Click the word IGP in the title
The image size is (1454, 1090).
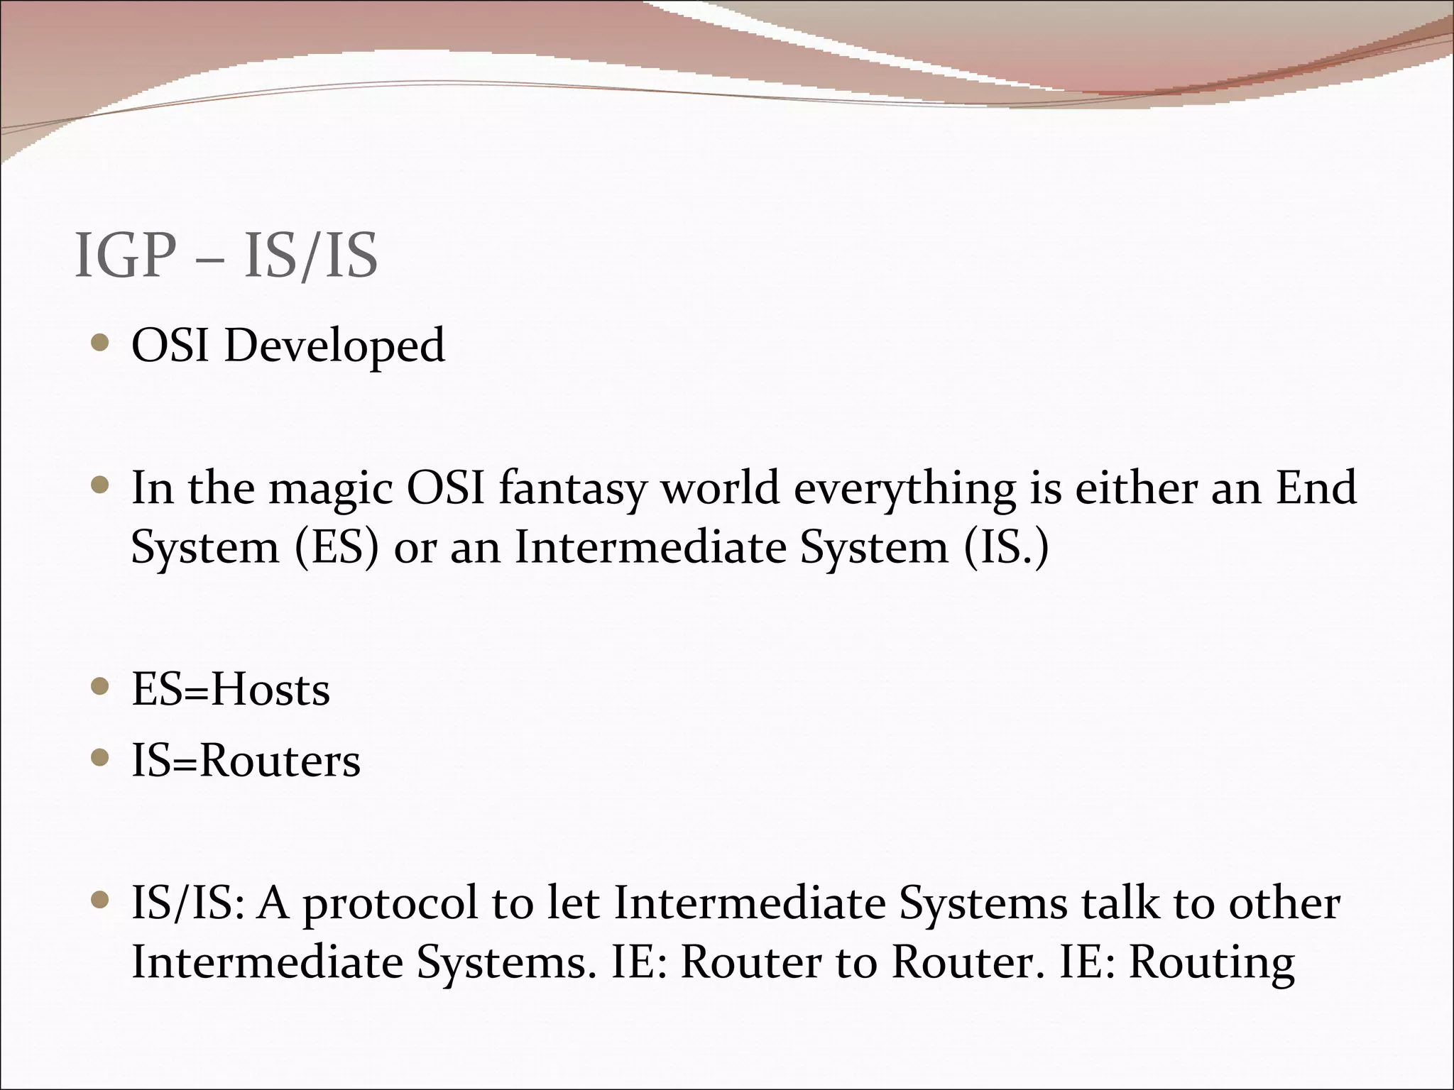(125, 255)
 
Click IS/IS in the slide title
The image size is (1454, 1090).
(310, 255)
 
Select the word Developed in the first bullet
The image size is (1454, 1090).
(334, 347)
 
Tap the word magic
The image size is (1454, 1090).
(330, 490)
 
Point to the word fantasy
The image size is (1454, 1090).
(572, 490)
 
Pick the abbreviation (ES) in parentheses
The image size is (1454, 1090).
(337, 549)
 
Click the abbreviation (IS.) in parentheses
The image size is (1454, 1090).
(1006, 549)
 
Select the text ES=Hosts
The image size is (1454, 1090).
(231, 690)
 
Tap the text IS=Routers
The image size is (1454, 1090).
(246, 761)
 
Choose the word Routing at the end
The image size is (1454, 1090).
(1212, 964)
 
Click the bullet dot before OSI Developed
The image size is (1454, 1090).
(101, 344)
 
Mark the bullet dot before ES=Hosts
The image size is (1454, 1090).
(101, 687)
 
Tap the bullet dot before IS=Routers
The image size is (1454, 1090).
(101, 759)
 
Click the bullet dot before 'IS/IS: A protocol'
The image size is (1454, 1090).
(101, 901)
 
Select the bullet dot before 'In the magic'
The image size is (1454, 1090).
(101, 486)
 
